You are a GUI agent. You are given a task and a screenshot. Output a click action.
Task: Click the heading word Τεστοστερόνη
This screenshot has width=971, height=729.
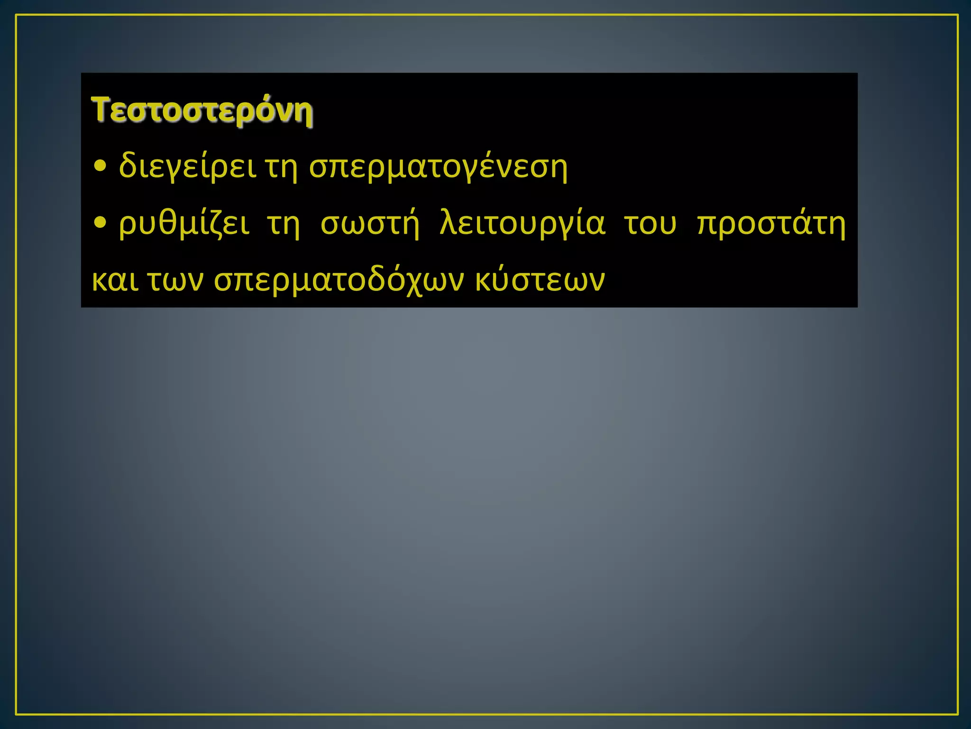[x=202, y=111]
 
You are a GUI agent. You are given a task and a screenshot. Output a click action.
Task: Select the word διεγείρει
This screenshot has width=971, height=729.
[x=187, y=167]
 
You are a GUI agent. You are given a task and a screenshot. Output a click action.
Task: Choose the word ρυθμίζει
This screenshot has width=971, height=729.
[x=184, y=224]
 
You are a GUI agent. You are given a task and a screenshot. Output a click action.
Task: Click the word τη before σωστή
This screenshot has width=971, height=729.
[x=284, y=223]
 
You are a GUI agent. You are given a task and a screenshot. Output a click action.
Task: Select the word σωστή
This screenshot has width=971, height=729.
[x=370, y=223]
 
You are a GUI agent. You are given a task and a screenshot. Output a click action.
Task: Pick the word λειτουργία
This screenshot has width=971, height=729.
[x=522, y=223]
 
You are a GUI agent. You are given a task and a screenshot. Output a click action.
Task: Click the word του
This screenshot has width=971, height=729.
[x=650, y=224]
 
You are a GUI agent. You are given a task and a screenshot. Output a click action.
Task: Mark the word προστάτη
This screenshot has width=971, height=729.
[x=771, y=224]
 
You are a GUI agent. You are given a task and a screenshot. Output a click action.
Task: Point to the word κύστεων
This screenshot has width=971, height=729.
[x=540, y=280]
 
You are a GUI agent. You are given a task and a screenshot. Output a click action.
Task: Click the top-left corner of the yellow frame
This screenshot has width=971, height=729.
[x=17, y=15]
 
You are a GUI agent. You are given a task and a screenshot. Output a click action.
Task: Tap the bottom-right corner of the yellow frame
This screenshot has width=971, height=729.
[x=958, y=714]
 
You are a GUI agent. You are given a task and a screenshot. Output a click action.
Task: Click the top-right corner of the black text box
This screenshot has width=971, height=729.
[x=857, y=74]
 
